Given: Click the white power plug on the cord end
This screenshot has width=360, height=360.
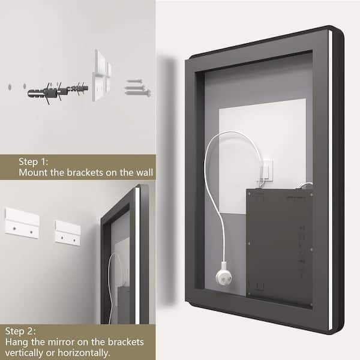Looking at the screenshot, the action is pyautogui.click(x=224, y=273).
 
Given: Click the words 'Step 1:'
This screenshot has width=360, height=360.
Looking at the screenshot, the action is pyautogui.click(x=34, y=161).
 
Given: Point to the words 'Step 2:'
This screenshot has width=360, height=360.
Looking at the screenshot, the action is pyautogui.click(x=20, y=331).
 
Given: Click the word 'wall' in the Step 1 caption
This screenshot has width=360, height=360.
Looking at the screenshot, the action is pyautogui.click(x=145, y=172).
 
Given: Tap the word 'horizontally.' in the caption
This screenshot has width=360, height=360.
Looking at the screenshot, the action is pyautogui.click(x=84, y=352).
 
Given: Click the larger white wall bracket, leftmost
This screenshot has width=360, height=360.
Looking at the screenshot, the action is pyautogui.click(x=22, y=223).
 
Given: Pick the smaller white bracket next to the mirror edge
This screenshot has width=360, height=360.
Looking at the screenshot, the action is pyautogui.click(x=68, y=233).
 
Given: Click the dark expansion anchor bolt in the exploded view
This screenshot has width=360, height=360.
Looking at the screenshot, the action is pyautogui.click(x=58, y=92).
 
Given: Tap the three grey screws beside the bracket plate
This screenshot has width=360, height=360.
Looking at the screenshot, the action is pyautogui.click(x=138, y=88).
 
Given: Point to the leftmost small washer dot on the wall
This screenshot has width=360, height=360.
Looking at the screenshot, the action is pyautogui.click(x=10, y=87).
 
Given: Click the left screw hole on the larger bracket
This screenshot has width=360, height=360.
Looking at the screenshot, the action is pyautogui.click(x=14, y=229).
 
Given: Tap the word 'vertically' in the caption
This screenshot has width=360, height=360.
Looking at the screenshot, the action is pyautogui.click(x=24, y=352).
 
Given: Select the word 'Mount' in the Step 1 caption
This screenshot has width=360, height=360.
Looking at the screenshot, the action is pyautogui.click(x=33, y=172).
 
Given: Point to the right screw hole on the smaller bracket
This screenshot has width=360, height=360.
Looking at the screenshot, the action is pyautogui.click(x=74, y=241).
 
